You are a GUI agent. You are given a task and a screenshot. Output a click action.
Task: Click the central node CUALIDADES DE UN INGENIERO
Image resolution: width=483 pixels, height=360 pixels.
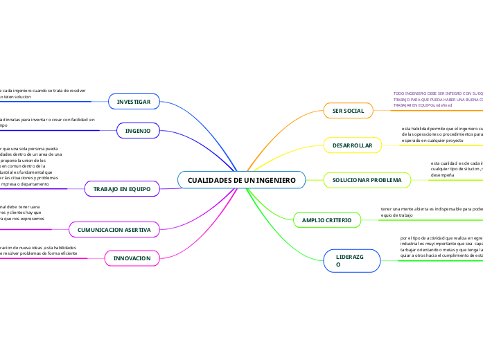(241, 180)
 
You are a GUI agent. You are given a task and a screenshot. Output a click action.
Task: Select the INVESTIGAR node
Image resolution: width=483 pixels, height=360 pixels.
(134, 102)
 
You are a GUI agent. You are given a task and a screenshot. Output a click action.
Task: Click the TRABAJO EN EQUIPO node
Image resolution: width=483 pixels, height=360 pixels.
(122, 188)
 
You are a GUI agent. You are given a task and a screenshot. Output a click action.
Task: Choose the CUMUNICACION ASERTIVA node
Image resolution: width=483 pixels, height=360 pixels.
(114, 228)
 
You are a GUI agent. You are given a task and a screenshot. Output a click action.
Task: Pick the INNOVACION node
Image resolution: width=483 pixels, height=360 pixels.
(132, 258)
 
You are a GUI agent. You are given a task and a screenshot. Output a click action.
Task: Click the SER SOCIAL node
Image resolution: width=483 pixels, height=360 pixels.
(348, 111)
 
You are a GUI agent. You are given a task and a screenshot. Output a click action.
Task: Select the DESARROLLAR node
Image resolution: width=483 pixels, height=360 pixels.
(353, 145)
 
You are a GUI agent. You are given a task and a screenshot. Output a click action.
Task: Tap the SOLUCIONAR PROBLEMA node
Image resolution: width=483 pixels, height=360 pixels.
(367, 180)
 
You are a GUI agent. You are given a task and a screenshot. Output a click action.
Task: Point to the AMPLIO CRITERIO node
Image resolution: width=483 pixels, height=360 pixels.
(327, 220)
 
